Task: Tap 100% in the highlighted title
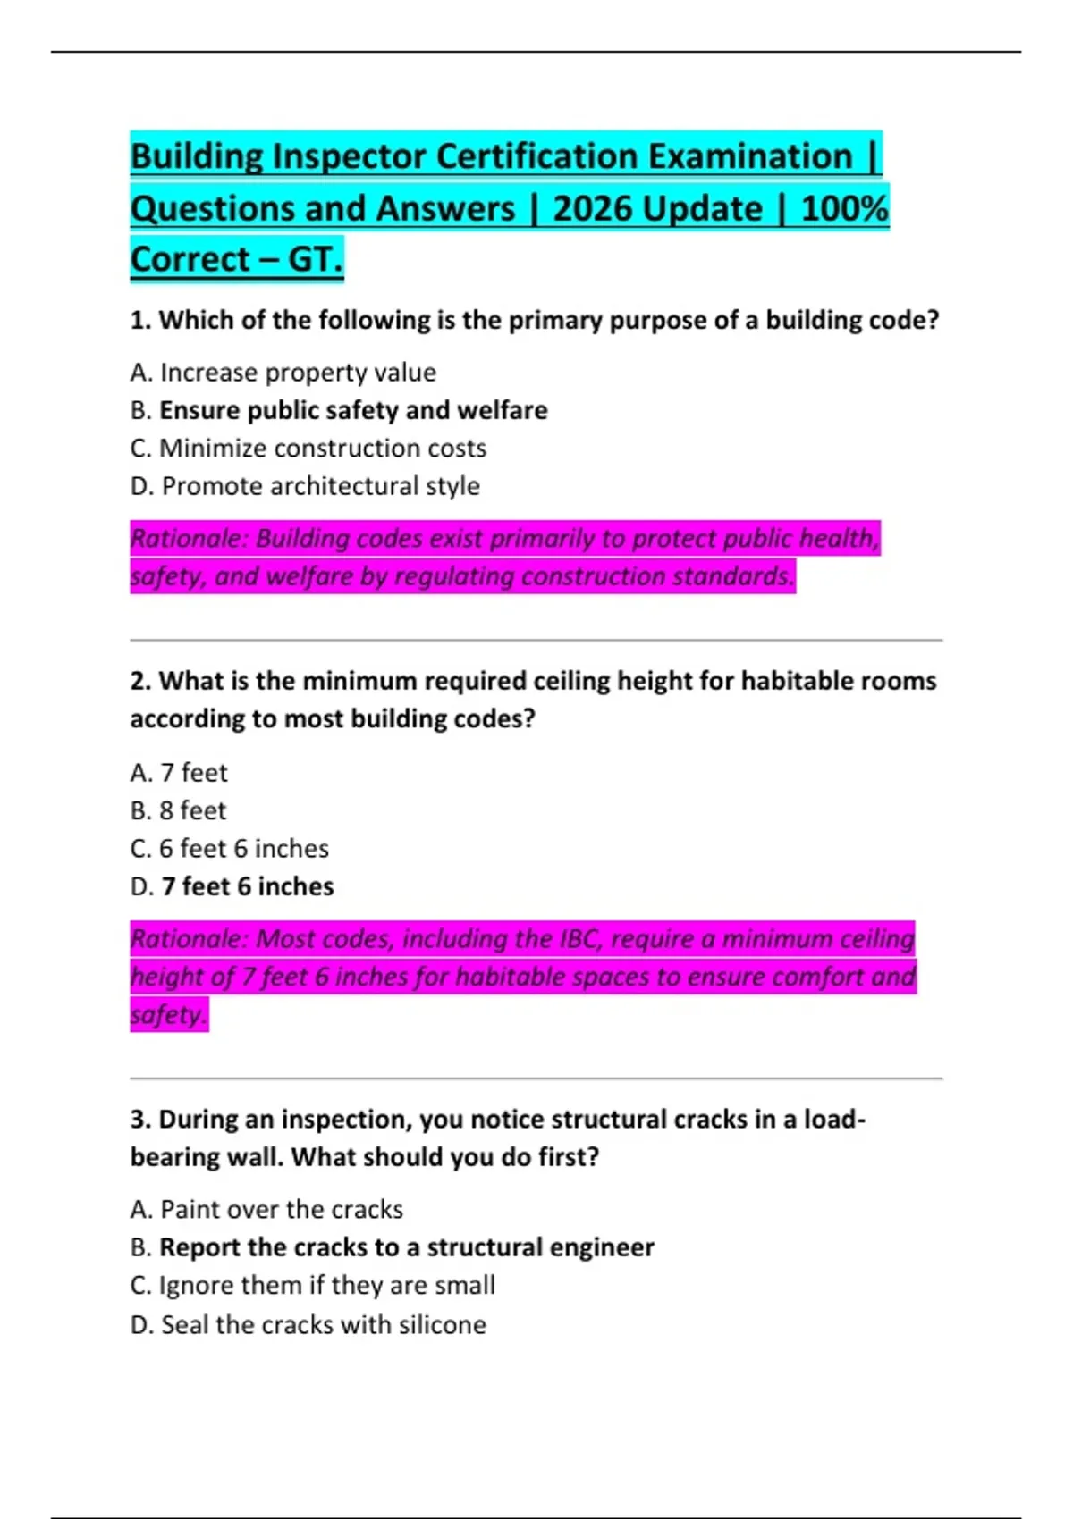pyautogui.click(x=844, y=208)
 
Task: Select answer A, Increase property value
pyautogui.click(x=283, y=373)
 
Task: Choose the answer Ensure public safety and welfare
pyautogui.click(x=352, y=410)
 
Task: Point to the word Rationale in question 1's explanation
pyautogui.click(x=188, y=539)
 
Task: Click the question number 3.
pyautogui.click(x=139, y=1119)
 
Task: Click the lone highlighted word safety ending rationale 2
pyautogui.click(x=168, y=1015)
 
